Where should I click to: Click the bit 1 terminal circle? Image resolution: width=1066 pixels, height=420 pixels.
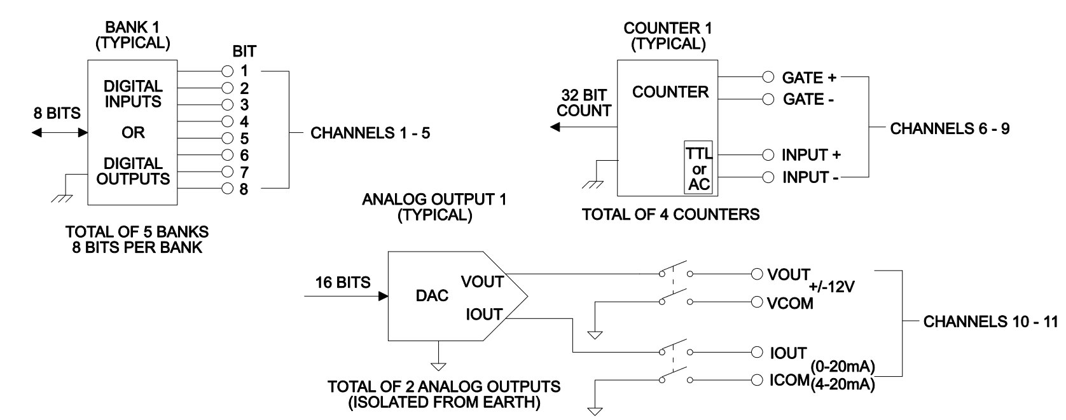pyautogui.click(x=228, y=71)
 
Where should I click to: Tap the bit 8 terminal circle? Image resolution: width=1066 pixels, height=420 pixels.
pyautogui.click(x=228, y=189)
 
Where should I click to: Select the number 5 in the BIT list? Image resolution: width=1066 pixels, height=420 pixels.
pyautogui.click(x=244, y=139)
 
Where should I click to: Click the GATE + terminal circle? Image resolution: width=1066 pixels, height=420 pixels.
pyautogui.click(x=768, y=78)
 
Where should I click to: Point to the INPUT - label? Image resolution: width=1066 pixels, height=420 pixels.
pyautogui.click(x=810, y=178)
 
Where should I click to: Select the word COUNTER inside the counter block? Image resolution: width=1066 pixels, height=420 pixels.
pyautogui.click(x=670, y=92)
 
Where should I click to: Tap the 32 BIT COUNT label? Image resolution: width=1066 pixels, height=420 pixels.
pyautogui.click(x=584, y=103)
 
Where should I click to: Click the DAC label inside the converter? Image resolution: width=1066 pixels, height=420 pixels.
pyautogui.click(x=433, y=295)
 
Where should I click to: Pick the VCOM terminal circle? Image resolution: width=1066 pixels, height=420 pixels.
pyautogui.click(x=756, y=302)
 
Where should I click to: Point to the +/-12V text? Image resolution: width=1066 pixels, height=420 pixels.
pyautogui.click(x=832, y=287)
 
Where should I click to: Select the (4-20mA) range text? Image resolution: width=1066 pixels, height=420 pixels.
pyautogui.click(x=843, y=384)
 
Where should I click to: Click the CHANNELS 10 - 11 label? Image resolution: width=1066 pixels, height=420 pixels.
pyautogui.click(x=990, y=322)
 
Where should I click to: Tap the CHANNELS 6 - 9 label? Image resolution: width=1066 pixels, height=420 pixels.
pyautogui.click(x=950, y=129)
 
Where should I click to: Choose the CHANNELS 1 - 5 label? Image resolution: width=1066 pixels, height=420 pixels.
pyautogui.click(x=370, y=134)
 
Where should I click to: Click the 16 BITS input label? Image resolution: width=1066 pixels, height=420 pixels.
pyautogui.click(x=343, y=283)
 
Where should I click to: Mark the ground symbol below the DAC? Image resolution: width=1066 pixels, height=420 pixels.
pyautogui.click(x=439, y=365)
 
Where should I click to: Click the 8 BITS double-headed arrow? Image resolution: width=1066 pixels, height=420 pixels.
pyautogui.click(x=59, y=132)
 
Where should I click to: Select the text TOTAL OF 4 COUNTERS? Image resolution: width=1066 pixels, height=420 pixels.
pyautogui.click(x=670, y=214)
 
